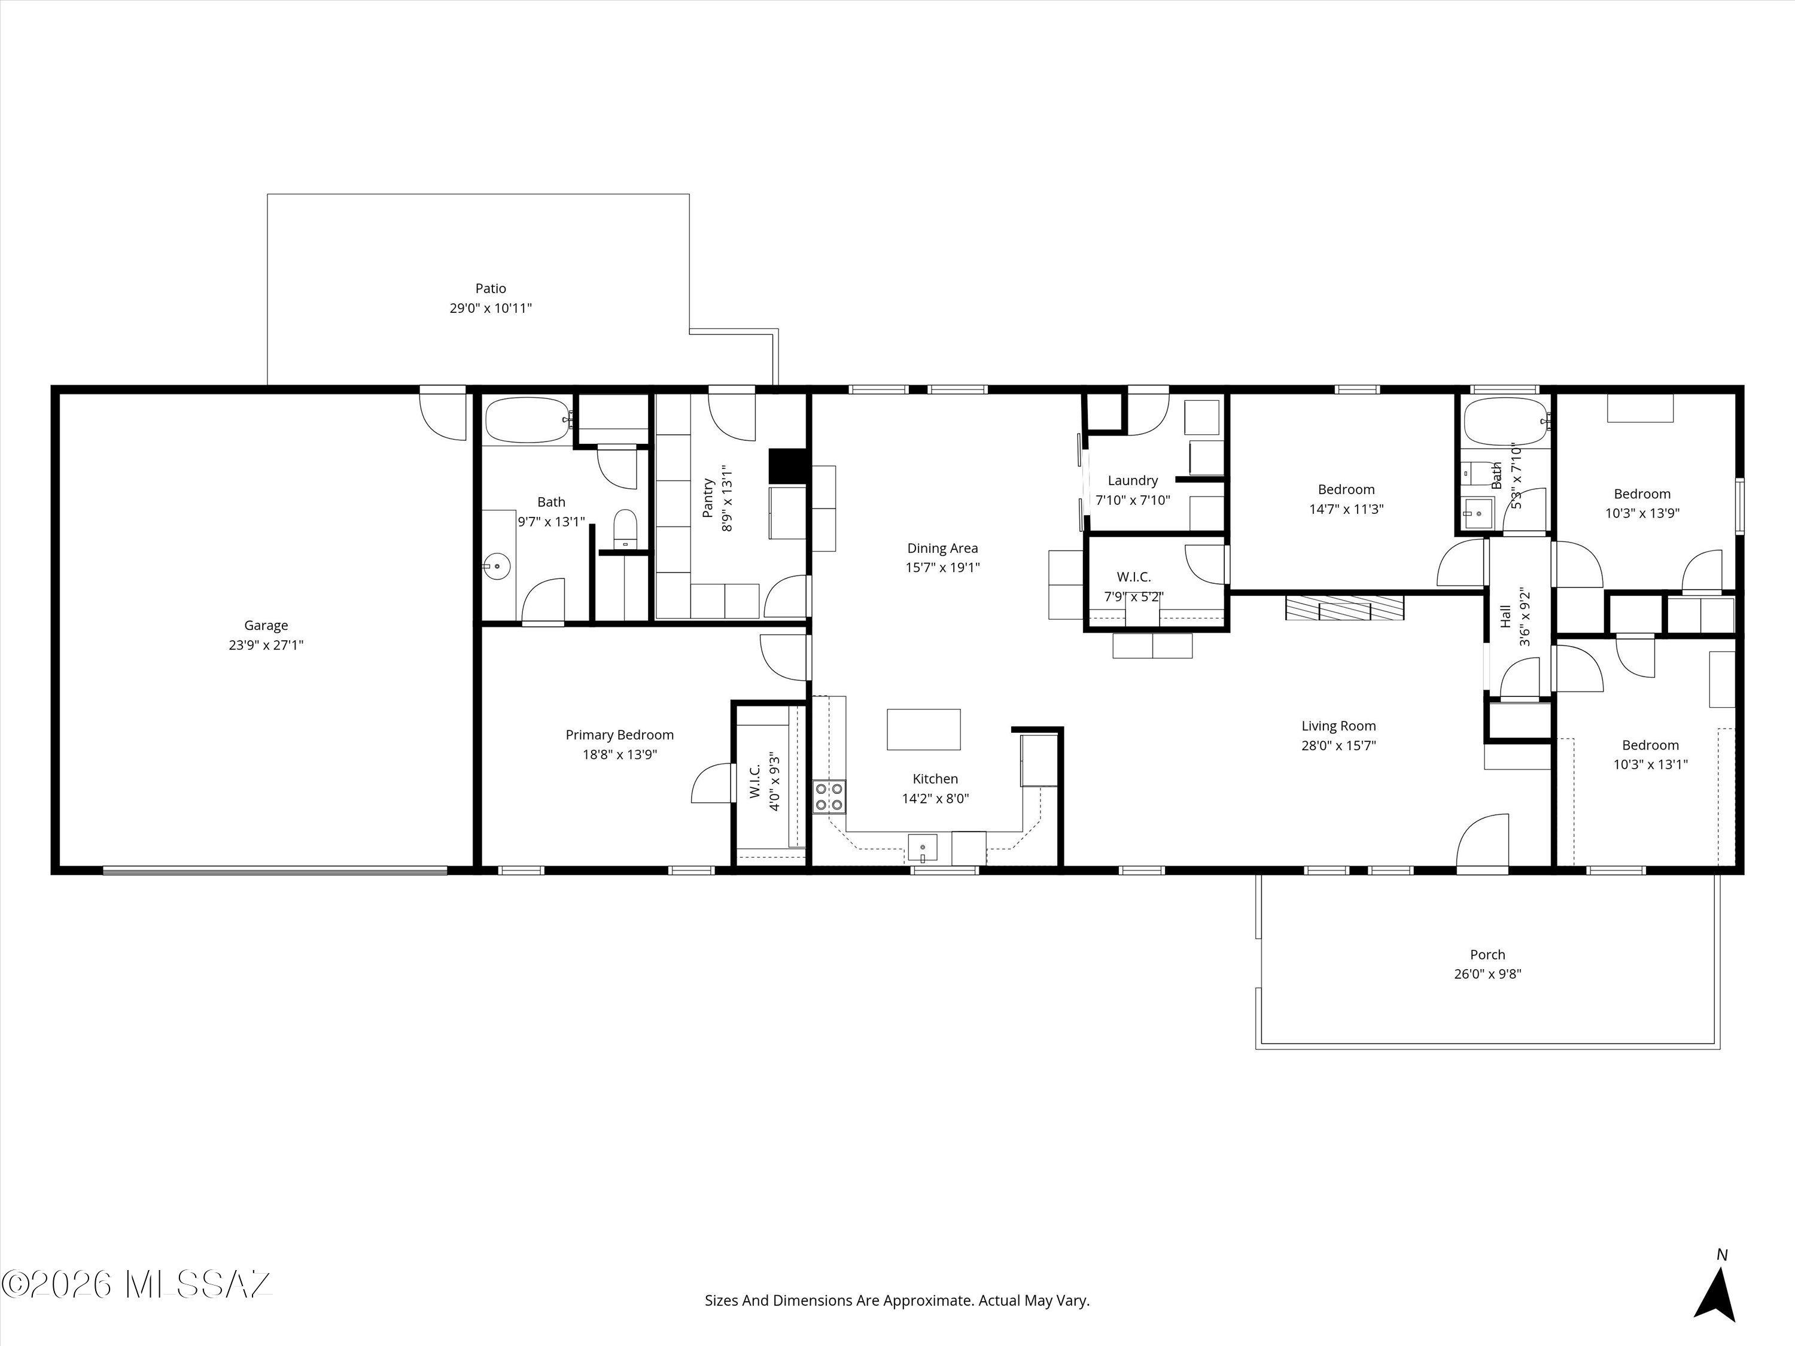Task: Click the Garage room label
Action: pyautogui.click(x=266, y=626)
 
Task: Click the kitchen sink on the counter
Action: pyautogui.click(x=923, y=848)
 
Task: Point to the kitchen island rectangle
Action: pyautogui.click(x=923, y=729)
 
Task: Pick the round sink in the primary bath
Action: pyautogui.click(x=497, y=565)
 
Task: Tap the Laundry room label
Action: pyautogui.click(x=1133, y=480)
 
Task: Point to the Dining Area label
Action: pyautogui.click(x=942, y=549)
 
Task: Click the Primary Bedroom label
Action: pyautogui.click(x=619, y=735)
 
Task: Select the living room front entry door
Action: pyautogui.click(x=1483, y=843)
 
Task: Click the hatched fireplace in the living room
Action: pyautogui.click(x=1344, y=608)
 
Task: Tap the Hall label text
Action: pyautogui.click(x=1505, y=616)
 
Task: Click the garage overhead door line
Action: pyautogui.click(x=275, y=870)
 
